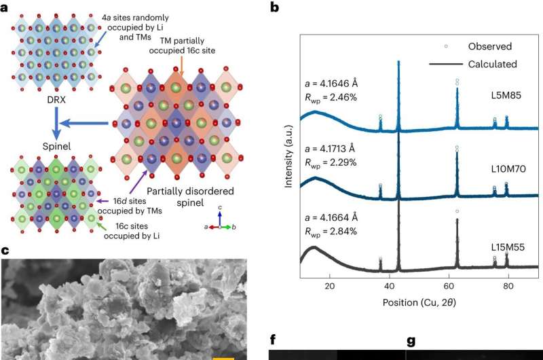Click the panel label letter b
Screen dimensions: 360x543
coord(274,7)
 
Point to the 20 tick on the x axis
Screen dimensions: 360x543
coord(329,286)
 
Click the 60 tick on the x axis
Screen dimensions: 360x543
coord(449,286)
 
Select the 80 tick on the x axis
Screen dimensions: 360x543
coord(508,286)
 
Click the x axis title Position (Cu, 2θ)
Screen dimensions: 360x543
coord(419,300)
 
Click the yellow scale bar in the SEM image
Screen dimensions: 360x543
coord(223,357)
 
